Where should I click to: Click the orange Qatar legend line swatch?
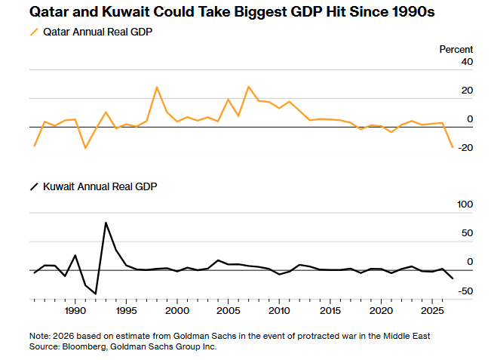pos(33,32)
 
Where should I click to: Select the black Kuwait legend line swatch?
pos(33,186)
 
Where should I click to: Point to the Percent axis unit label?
pos(456,49)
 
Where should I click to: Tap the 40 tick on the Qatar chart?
pos(467,62)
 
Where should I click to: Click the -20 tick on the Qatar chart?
pos(464,148)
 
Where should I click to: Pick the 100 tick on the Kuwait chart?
pos(464,205)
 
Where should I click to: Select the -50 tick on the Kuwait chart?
pos(464,291)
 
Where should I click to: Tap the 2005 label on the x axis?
pos(228,311)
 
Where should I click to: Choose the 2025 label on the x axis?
pos(432,311)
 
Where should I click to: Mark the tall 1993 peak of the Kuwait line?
pos(106,223)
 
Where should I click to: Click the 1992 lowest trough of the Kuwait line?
pos(96,293)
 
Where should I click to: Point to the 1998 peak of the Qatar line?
pos(157,87)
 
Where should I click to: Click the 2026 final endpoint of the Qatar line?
pos(453,147)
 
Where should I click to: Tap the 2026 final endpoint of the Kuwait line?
pos(453,278)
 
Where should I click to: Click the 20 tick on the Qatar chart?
pos(467,91)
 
